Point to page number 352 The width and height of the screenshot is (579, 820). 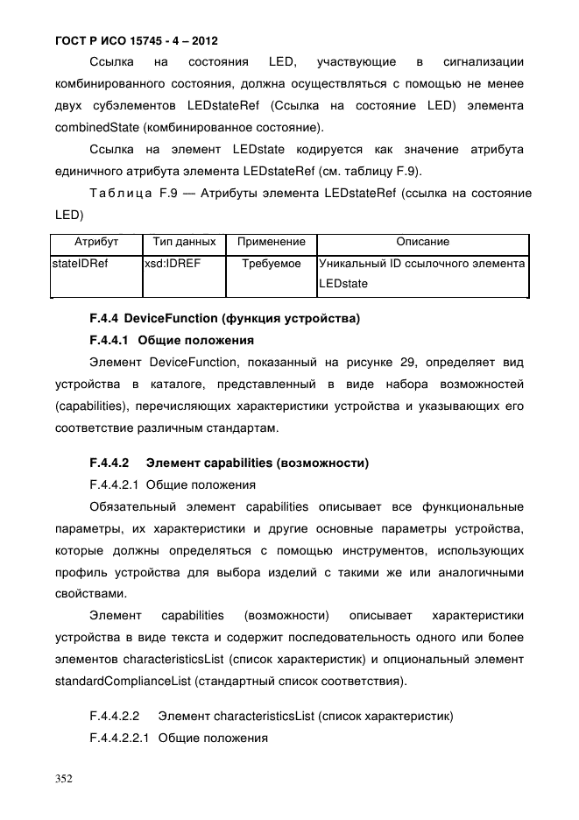(64, 777)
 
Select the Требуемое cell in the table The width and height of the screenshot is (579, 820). (272, 264)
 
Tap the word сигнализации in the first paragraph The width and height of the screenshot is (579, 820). (484, 62)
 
